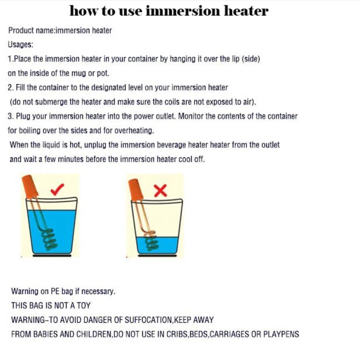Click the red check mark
pos(56,190)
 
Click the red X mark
pos(160,191)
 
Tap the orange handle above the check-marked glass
pos(30,187)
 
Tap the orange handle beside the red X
pos(136,190)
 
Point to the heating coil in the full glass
pos(49,240)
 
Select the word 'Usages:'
pos(20,44)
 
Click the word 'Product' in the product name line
pos(21,30)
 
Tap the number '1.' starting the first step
pos(11,59)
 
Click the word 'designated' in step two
pos(108,88)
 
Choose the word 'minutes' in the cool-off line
pos(70,159)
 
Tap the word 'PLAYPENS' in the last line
pos(281,334)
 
